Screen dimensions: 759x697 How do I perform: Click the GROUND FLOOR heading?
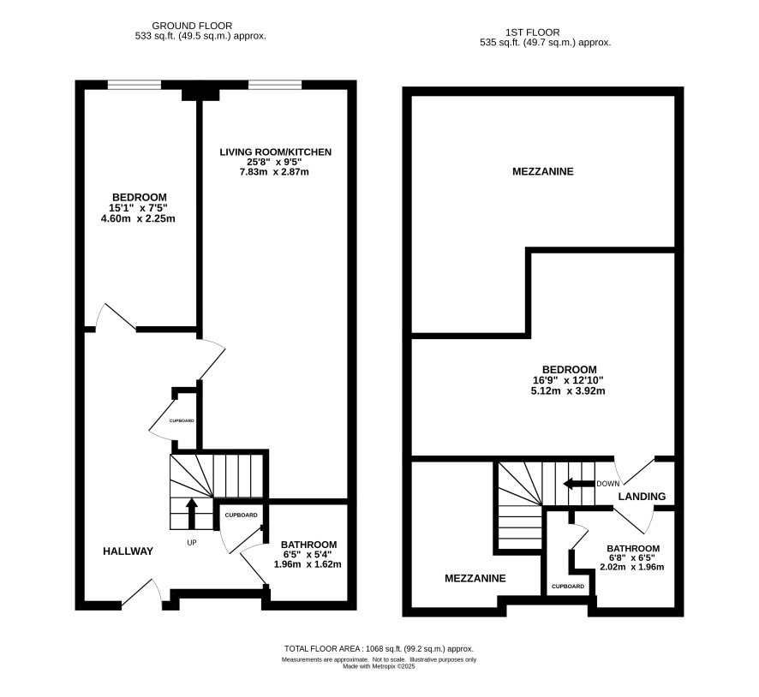pyautogui.click(x=192, y=26)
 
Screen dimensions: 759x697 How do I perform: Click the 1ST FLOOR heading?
pyautogui.click(x=533, y=33)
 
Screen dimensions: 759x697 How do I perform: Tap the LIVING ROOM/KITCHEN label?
pyautogui.click(x=276, y=152)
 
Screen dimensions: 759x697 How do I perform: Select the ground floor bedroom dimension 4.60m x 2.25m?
pyautogui.click(x=138, y=218)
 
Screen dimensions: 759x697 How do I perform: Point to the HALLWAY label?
pyautogui.click(x=128, y=551)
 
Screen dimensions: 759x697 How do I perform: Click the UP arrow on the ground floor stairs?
pyautogui.click(x=191, y=514)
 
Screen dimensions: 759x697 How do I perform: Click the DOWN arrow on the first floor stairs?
pyautogui.click(x=579, y=483)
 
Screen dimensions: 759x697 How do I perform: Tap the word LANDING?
pyautogui.click(x=642, y=497)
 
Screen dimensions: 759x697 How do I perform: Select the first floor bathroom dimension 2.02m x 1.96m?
pyautogui.click(x=631, y=567)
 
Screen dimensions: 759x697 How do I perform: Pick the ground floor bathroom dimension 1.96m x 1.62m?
pyautogui.click(x=308, y=564)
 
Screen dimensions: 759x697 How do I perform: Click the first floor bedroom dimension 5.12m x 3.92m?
pyautogui.click(x=568, y=390)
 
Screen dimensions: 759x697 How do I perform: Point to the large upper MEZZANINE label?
pyautogui.click(x=542, y=171)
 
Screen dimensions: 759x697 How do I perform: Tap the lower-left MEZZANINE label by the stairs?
pyautogui.click(x=475, y=578)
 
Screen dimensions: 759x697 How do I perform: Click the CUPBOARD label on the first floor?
pyautogui.click(x=568, y=587)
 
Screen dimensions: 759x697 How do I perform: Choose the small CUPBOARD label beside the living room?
pyautogui.click(x=182, y=420)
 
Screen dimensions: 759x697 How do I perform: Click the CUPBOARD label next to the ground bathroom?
pyautogui.click(x=241, y=515)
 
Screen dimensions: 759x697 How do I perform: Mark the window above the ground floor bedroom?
pyautogui.click(x=134, y=85)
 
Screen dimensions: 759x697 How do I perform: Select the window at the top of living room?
pyautogui.click(x=275, y=85)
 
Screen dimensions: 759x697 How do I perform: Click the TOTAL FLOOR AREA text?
pyautogui.click(x=379, y=649)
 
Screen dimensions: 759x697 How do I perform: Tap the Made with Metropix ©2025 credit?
pyautogui.click(x=379, y=666)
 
